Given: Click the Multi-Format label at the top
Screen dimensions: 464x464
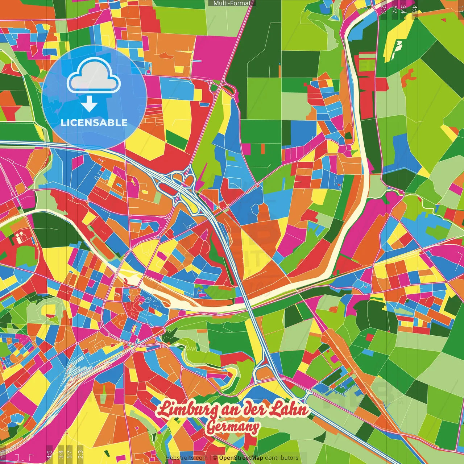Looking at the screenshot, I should coord(232,3).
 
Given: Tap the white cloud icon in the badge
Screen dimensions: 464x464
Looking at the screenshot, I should coord(94,76).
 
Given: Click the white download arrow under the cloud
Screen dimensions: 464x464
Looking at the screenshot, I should coord(89,104).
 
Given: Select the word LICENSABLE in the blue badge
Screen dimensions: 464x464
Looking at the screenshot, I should coord(94,123).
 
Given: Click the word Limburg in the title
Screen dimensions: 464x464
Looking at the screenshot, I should coord(188,409).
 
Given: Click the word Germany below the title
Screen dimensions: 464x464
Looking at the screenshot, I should coord(232,427).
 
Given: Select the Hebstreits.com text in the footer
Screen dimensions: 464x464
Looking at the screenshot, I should coord(186,458).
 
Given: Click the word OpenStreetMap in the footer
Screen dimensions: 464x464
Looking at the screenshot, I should coord(241,458).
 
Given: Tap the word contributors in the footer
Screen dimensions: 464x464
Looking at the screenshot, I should coord(282,458).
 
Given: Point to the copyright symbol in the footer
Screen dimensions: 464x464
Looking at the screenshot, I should coord(215,458).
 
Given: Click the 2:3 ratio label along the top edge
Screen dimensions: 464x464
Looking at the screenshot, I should coord(384,9).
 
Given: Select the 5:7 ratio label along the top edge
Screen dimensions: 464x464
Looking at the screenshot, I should coord(394,9).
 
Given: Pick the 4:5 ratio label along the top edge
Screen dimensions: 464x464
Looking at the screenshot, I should coord(415,9).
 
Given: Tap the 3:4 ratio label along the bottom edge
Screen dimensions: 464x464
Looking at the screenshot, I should coord(61,453).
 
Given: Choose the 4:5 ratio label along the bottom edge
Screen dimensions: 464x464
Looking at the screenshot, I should coord(49,453).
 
